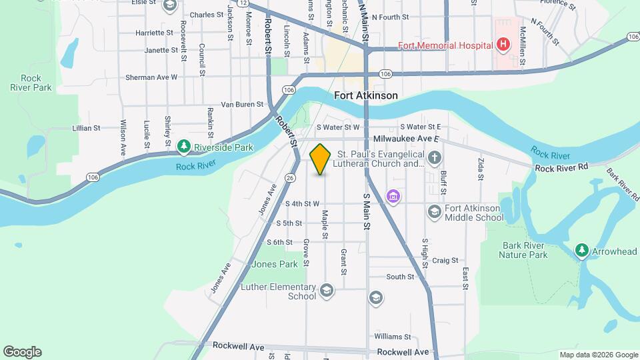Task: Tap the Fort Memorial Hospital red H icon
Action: coord(503,45)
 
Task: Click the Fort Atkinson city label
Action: coord(366,95)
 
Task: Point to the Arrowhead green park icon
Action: coord(582,250)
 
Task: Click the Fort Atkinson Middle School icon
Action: coord(435,211)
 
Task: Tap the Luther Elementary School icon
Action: coord(327,289)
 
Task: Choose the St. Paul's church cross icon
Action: coord(435,158)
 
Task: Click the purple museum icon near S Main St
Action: coord(393,197)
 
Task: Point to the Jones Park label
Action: coord(275,264)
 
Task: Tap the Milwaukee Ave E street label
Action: coord(407,139)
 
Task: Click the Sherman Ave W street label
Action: coord(152,77)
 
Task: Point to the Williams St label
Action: coord(392,337)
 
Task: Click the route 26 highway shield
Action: coord(289,178)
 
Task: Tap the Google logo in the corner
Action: coord(22,352)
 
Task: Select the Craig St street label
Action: coord(445,261)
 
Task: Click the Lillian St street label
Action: coord(87,128)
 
